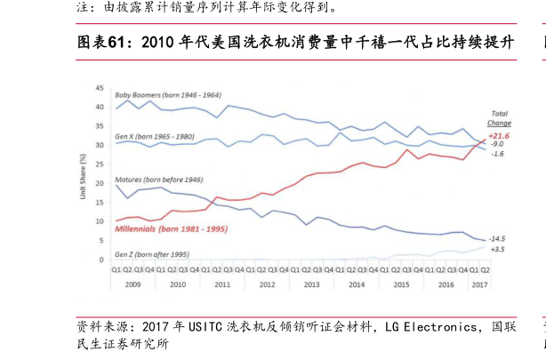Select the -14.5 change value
coord(498,239)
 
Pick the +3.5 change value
coord(497,251)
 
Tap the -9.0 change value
coord(497,144)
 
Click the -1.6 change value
coord(497,155)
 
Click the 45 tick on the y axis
coord(100,89)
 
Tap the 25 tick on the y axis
coord(100,164)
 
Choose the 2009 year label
coord(132,285)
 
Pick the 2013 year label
coord(311,285)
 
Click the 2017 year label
coord(478,285)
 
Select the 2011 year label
coord(222,285)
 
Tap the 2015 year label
coord(401,285)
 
